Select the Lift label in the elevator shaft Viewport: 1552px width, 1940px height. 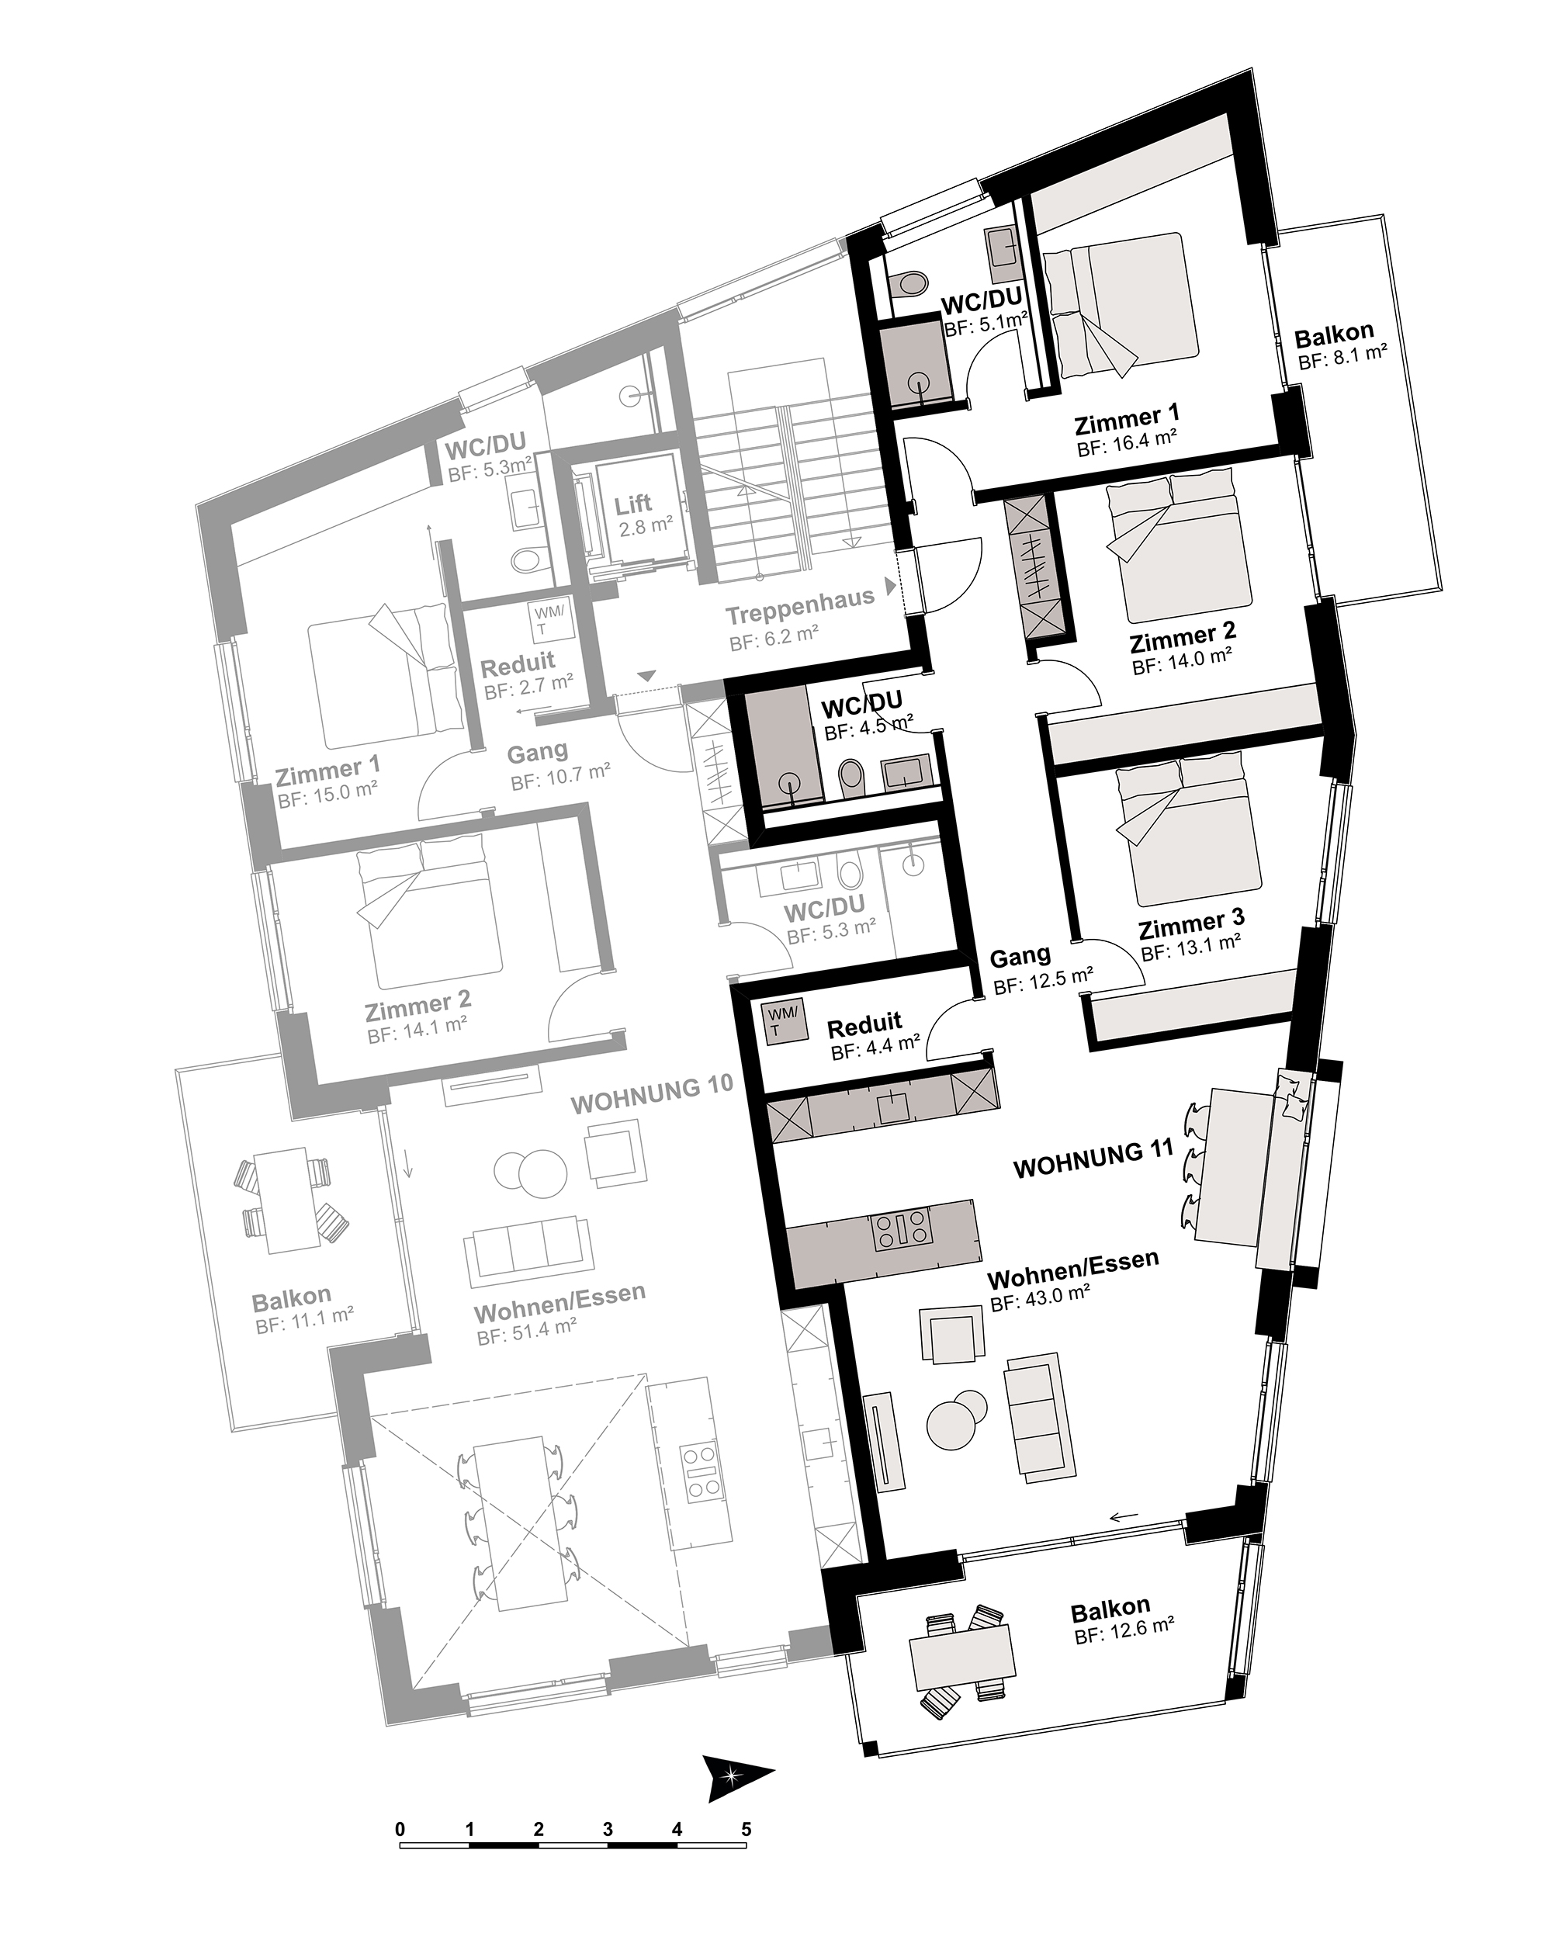tap(633, 505)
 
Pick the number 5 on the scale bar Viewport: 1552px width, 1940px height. tap(746, 1828)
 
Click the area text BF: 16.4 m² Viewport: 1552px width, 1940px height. tap(1128, 444)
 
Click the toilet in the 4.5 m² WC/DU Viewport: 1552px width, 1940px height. tap(850, 778)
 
